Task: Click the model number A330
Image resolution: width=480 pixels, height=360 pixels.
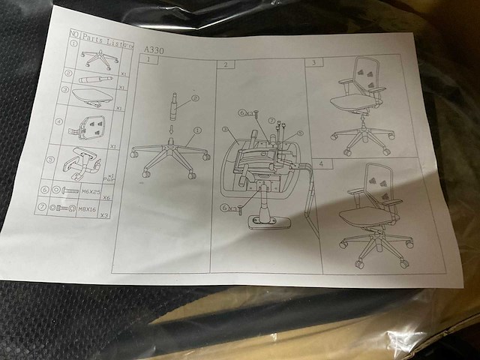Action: [x=149, y=50]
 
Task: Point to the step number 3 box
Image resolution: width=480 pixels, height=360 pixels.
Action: [x=313, y=64]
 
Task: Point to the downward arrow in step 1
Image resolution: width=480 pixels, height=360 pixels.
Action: [x=171, y=129]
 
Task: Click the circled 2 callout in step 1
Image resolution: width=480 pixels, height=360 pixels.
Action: [x=195, y=97]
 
